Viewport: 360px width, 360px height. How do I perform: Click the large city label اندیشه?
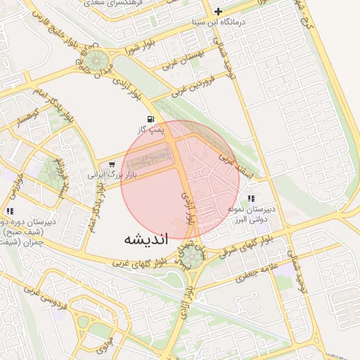coord(146,238)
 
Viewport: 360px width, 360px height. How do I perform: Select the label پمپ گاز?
coord(149,130)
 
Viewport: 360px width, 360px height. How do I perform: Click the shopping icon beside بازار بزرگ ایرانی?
coord(112,164)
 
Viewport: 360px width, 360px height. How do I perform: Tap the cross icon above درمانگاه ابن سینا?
coord(219,11)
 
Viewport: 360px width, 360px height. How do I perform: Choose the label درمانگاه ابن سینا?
coord(219,22)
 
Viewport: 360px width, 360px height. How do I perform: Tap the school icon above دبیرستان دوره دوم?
coord(10,210)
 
